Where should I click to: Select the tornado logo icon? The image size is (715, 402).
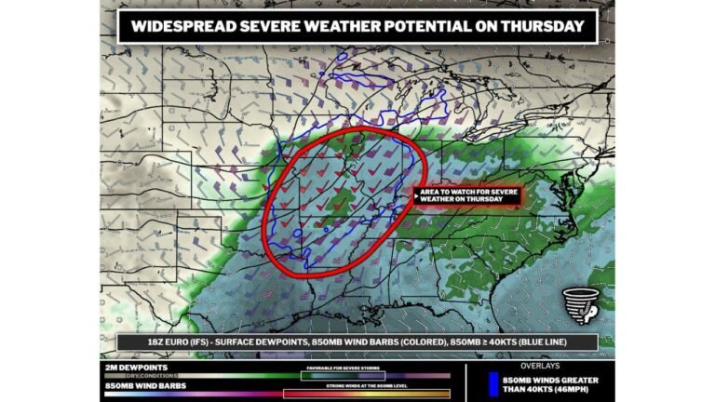click(x=580, y=306)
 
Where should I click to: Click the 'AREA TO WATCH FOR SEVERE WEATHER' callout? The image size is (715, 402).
click(x=466, y=195)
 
